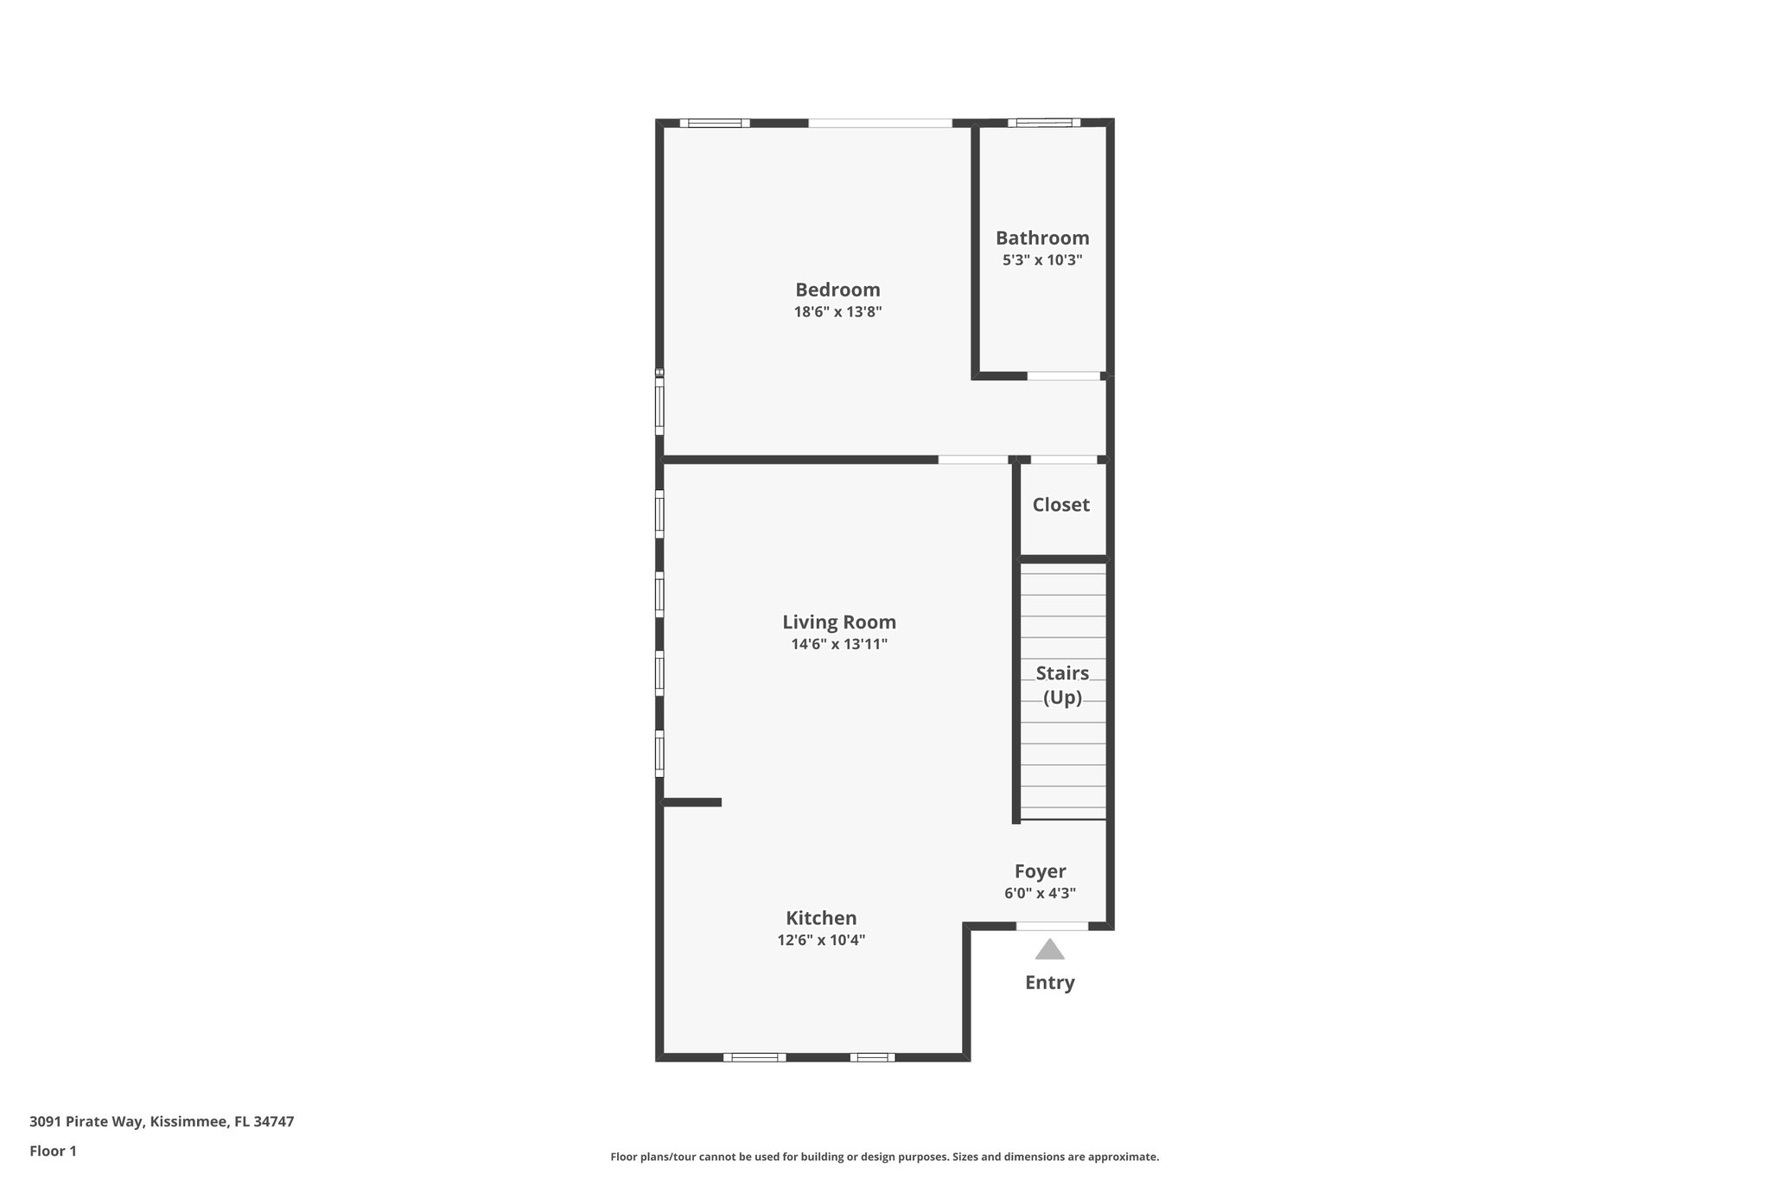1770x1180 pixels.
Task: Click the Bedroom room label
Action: click(x=837, y=290)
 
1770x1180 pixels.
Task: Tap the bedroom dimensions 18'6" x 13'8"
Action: click(x=837, y=312)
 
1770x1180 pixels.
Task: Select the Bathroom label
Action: click(x=1042, y=238)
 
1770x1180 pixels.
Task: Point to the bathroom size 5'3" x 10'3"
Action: click(x=1042, y=260)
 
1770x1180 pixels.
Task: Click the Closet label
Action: click(x=1060, y=505)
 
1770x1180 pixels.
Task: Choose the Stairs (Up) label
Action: click(x=1062, y=685)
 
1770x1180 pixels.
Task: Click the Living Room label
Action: click(x=838, y=622)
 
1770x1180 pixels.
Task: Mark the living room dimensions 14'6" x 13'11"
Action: click(x=838, y=644)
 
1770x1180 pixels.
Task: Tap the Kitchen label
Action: click(x=821, y=918)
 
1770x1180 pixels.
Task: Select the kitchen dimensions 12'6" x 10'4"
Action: click(x=821, y=941)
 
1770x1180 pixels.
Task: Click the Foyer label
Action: click(x=1040, y=871)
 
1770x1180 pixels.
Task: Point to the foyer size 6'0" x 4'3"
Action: click(x=1040, y=894)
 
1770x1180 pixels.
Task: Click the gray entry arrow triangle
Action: click(x=1049, y=951)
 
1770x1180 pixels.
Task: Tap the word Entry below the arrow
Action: click(x=1049, y=983)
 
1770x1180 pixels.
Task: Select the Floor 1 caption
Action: click(x=53, y=1151)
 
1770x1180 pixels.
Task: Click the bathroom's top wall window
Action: click(x=1043, y=123)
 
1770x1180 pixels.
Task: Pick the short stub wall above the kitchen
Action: click(x=692, y=802)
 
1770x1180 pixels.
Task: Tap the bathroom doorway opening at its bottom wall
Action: click(x=1063, y=376)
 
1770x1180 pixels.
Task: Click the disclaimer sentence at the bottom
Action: click(x=884, y=1157)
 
